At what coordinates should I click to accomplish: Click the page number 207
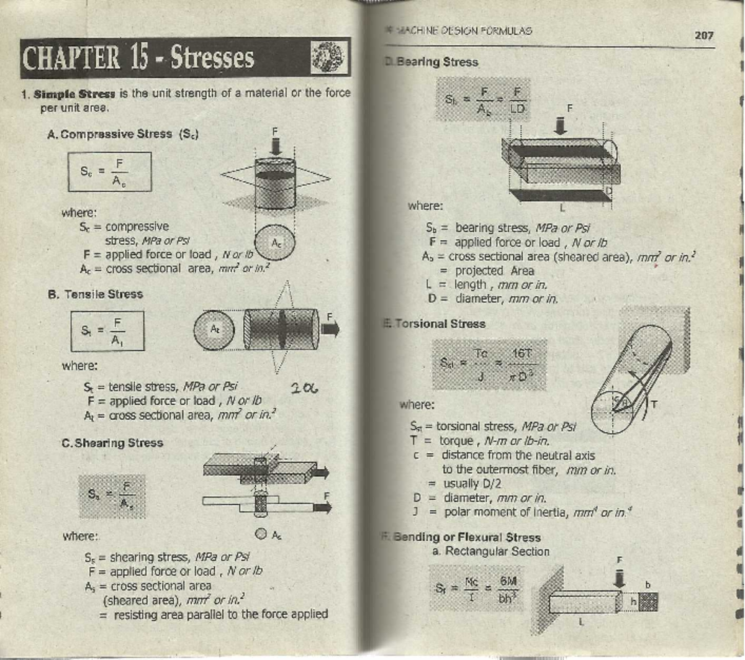click(703, 35)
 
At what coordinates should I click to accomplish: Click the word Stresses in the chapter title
click(212, 58)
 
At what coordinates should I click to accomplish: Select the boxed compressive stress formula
click(109, 172)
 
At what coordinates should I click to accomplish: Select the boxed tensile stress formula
click(107, 331)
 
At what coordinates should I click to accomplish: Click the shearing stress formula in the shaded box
click(112, 496)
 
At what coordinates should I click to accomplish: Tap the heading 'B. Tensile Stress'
click(96, 294)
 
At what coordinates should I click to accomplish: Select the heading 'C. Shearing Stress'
click(112, 443)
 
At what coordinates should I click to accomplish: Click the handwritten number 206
click(304, 389)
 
